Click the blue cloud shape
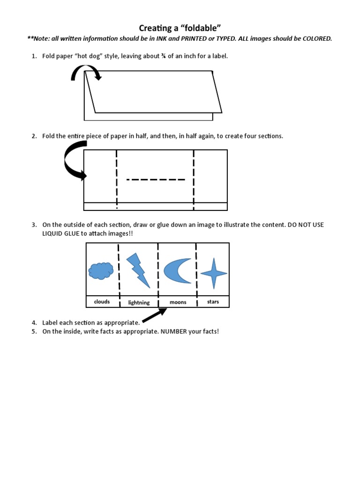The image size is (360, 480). (101, 270)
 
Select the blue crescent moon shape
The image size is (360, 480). (177, 270)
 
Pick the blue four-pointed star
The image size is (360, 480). (214, 273)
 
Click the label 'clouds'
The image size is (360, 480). (102, 302)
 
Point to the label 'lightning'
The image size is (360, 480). (139, 303)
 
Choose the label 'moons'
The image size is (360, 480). (178, 302)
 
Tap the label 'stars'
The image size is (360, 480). (213, 302)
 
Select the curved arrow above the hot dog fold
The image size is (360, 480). (85, 73)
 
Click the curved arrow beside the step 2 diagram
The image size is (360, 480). (73, 162)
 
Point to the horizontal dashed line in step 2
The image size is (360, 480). (156, 179)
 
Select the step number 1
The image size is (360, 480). (34, 56)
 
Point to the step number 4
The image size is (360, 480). (34, 323)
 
